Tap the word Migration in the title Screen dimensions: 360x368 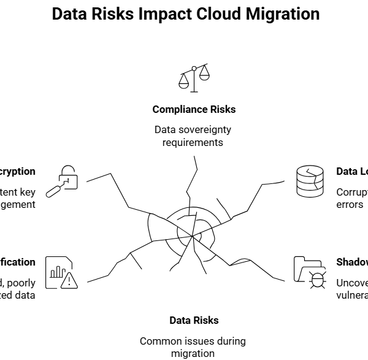(283, 14)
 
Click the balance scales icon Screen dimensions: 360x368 (194, 79)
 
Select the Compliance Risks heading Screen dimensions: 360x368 (194, 109)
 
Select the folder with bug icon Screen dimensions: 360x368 (310, 272)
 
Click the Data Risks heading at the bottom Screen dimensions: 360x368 (194, 320)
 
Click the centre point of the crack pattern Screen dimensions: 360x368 (192, 236)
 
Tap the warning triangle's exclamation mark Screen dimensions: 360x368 (71, 281)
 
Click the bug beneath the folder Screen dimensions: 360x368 (318, 280)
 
